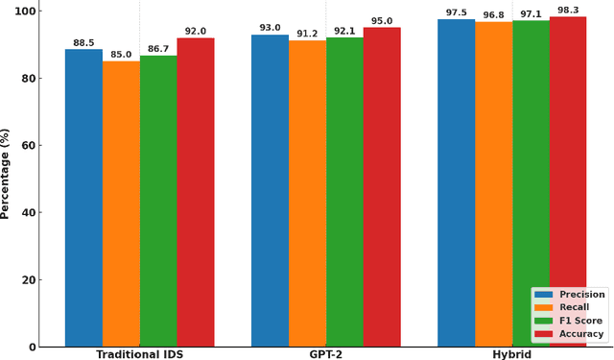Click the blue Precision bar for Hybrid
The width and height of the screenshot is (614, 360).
(x=456, y=182)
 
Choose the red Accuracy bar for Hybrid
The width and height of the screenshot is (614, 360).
(x=568, y=181)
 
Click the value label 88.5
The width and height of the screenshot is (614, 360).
(x=83, y=43)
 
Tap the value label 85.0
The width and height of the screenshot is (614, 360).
(x=121, y=55)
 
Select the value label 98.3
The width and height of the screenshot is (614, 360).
(x=568, y=11)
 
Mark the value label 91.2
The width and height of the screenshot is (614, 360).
(x=307, y=34)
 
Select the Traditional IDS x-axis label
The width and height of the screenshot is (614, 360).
(x=139, y=354)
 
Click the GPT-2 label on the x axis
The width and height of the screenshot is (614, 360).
(x=325, y=354)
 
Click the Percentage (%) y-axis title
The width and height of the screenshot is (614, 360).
(x=6, y=173)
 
